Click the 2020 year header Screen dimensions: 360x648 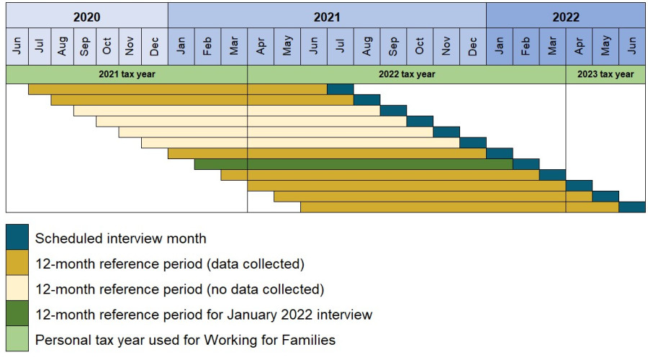[86, 16]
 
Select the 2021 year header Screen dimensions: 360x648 [327, 16]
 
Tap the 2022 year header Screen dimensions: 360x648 [566, 16]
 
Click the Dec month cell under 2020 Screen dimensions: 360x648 [155, 47]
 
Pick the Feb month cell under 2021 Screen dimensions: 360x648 [207, 47]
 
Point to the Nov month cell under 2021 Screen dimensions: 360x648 [446, 47]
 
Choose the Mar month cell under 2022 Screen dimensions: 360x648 [552, 47]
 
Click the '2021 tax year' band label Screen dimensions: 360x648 [127, 74]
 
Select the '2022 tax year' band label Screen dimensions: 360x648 [407, 74]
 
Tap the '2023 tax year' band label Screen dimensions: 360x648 [606, 74]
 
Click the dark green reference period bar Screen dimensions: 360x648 [353, 164]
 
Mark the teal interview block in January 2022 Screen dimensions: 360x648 [500, 153]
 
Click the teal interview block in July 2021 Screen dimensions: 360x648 [340, 89]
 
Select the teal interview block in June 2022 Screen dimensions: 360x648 [632, 207]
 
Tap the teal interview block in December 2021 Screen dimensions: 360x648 [473, 143]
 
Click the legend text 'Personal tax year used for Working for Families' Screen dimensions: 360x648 [185, 340]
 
